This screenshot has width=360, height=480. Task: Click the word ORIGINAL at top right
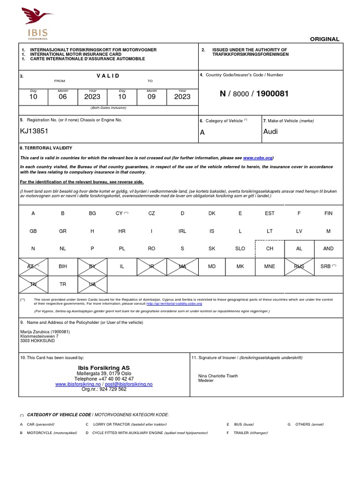(324, 39)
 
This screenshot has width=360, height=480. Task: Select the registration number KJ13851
(34, 131)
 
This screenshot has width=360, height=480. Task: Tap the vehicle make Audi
(270, 131)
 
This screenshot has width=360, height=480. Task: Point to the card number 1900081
(272, 94)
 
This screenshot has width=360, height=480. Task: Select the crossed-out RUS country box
(299, 266)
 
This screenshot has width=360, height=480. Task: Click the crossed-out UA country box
(92, 284)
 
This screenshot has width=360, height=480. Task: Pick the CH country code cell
(270, 248)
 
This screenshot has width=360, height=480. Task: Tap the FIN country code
(328, 213)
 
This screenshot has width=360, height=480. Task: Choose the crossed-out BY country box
(92, 266)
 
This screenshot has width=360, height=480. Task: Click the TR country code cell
(63, 284)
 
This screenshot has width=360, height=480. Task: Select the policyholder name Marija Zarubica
(45, 332)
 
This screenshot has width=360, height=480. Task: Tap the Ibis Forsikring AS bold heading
(104, 367)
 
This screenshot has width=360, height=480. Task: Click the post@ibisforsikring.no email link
(128, 384)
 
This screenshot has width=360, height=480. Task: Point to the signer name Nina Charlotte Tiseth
(218, 376)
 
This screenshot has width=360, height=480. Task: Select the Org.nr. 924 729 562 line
(104, 389)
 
